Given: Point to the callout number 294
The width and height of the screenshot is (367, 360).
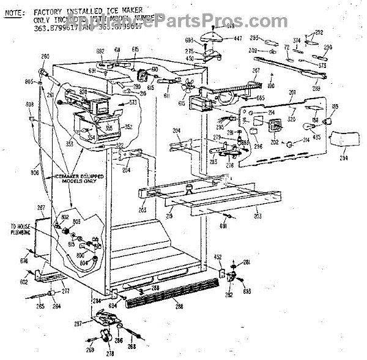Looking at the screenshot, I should pyautogui.click(x=343, y=158).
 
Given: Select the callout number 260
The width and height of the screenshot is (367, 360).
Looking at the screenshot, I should pyautogui.click(x=45, y=57).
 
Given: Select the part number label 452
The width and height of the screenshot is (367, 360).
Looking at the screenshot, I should pyautogui.click(x=218, y=257).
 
